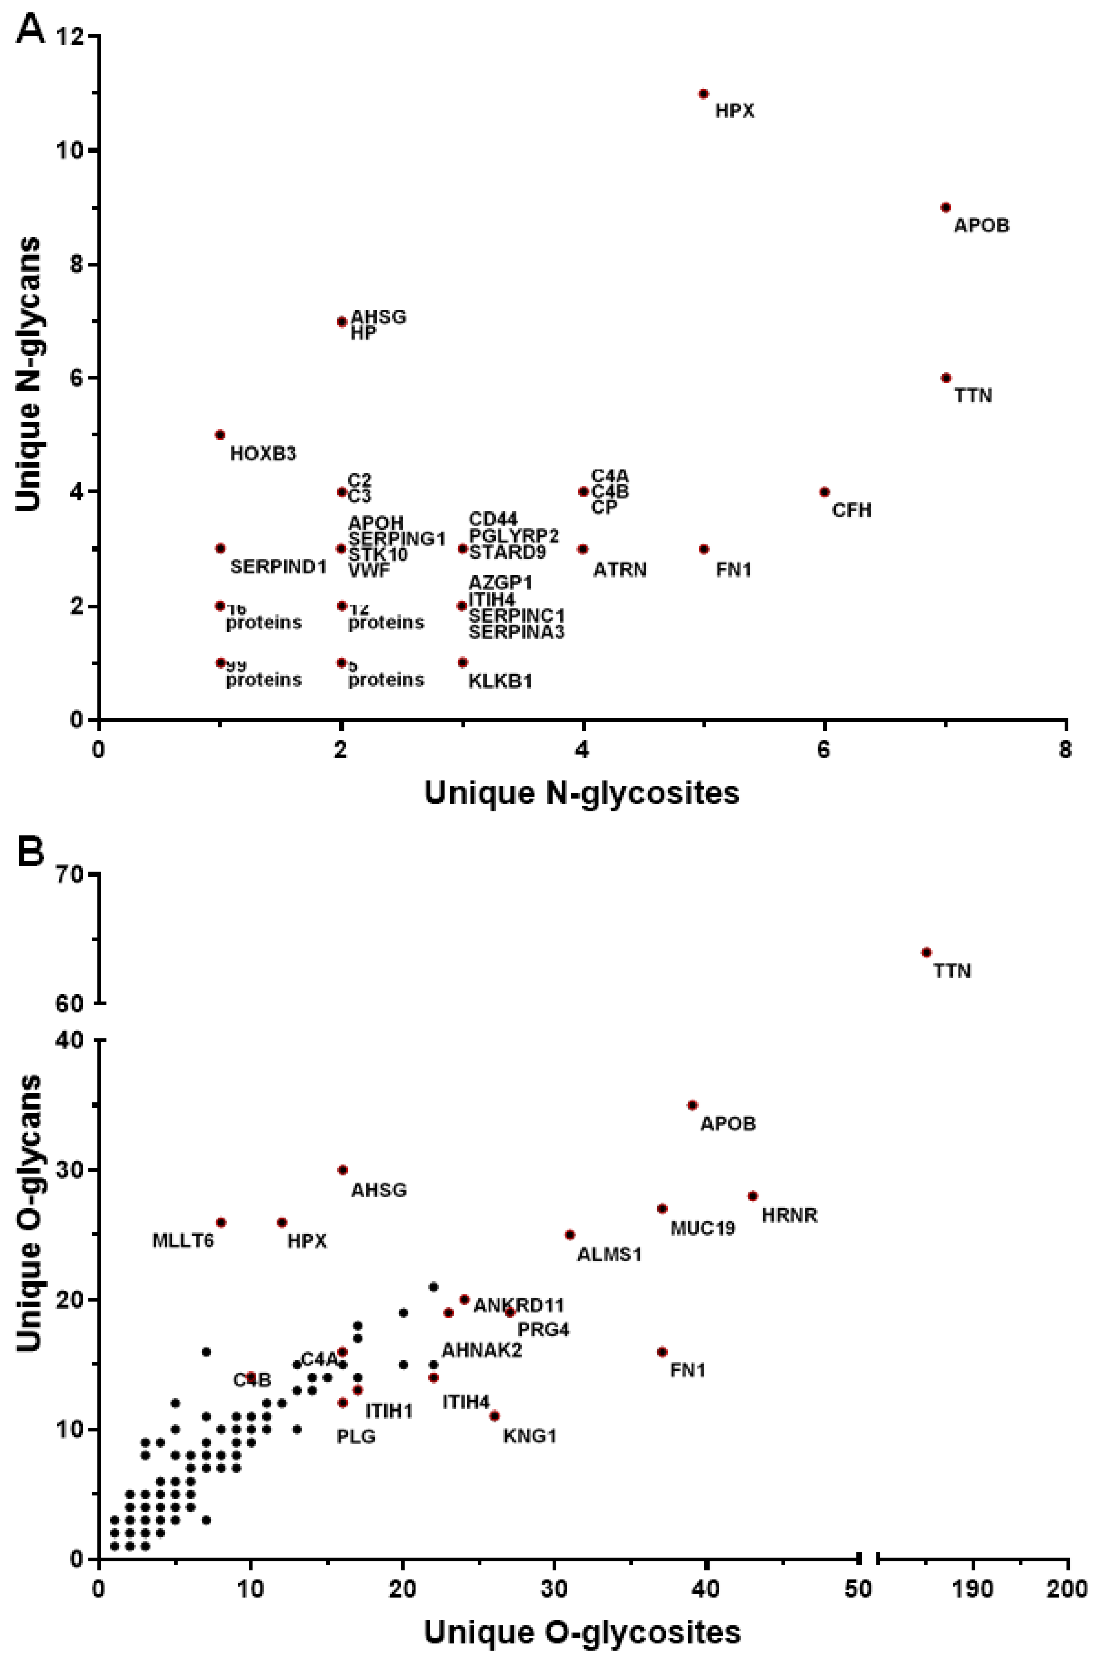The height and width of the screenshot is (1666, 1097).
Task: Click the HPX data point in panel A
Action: click(x=703, y=94)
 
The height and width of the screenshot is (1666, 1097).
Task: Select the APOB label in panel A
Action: click(x=982, y=225)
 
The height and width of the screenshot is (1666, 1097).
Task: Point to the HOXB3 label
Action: click(x=263, y=454)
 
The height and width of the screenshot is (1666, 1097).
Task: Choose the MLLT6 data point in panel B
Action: click(x=221, y=1222)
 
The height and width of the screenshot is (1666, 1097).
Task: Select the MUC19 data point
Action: click(x=662, y=1209)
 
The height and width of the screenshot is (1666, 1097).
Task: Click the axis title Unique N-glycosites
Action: click(x=582, y=792)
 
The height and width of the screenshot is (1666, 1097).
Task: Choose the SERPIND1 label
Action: click(x=278, y=567)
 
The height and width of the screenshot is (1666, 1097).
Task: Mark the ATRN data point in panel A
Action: click(x=583, y=549)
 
